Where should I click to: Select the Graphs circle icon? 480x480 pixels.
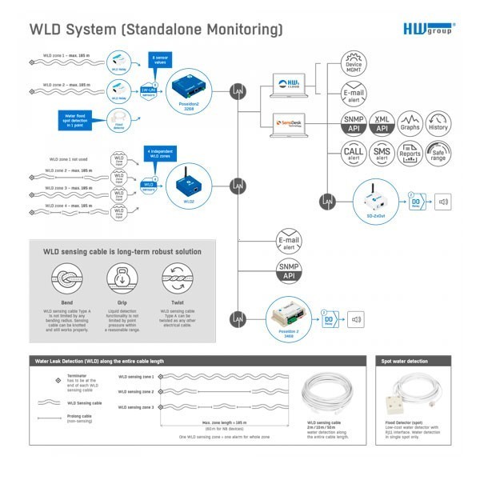pyautogui.click(x=410, y=122)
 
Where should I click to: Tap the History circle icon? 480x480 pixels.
pyautogui.click(x=438, y=122)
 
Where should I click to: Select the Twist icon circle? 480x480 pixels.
pyautogui.click(x=177, y=279)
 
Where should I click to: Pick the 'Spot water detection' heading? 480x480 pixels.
pyautogui.click(x=409, y=362)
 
